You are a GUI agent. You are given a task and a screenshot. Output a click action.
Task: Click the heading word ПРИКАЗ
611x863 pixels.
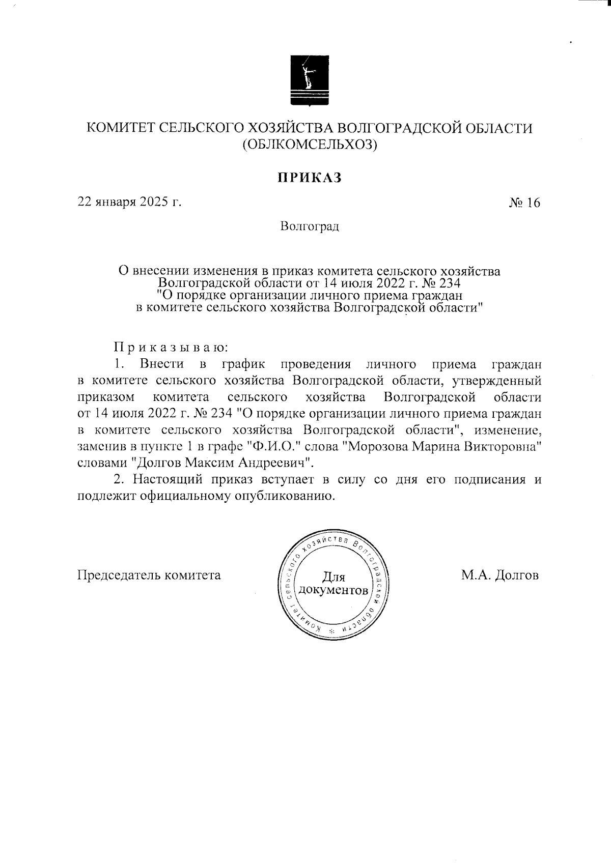pos(309,177)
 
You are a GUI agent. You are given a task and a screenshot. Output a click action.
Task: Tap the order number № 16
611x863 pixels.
pos(524,203)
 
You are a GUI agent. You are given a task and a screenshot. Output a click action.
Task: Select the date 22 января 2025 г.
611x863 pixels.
pos(129,202)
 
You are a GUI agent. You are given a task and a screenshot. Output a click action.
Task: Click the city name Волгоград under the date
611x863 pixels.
pos(309,226)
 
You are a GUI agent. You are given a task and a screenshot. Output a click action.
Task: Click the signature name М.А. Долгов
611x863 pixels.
pos(500,576)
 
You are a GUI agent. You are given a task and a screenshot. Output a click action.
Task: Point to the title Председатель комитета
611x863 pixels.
pos(149,576)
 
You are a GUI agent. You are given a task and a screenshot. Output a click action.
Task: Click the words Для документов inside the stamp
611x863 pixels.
pos(334,584)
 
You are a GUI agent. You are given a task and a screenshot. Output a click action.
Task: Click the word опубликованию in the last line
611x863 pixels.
pos(289,496)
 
